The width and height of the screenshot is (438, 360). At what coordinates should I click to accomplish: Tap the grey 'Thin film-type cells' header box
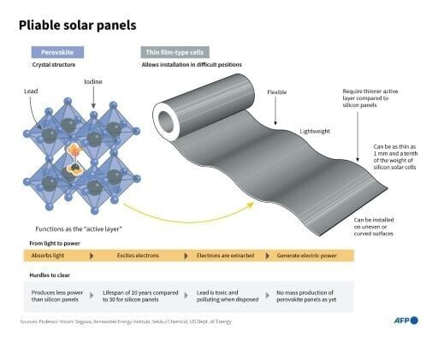coord(175,52)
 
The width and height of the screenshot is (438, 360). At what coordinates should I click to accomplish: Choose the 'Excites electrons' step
coord(139,256)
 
